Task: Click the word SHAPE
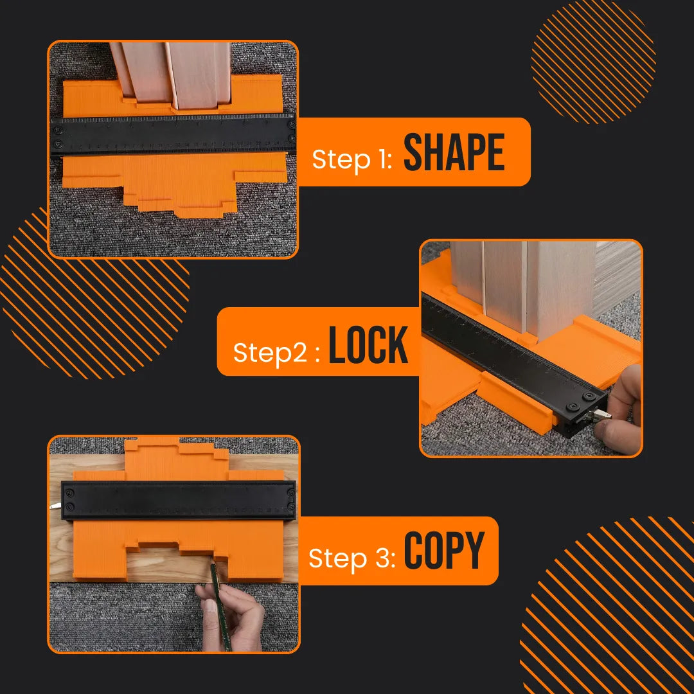(454, 154)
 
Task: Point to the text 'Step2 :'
(276, 353)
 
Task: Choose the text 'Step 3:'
(351, 558)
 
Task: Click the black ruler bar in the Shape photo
(173, 134)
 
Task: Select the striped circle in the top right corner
(594, 62)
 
